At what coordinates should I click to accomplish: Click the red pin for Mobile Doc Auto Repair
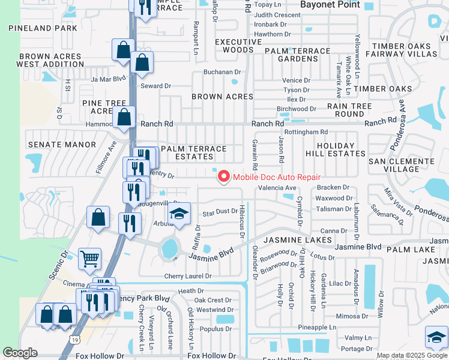click(x=223, y=176)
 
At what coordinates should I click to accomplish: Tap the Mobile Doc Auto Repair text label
click(x=276, y=177)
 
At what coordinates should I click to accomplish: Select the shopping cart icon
click(x=90, y=259)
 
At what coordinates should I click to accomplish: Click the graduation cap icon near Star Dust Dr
click(x=178, y=214)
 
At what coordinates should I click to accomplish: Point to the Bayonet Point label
click(x=330, y=5)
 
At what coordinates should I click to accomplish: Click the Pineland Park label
click(x=43, y=28)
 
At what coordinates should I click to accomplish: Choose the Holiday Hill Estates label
click(x=340, y=149)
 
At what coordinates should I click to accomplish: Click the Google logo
click(x=20, y=352)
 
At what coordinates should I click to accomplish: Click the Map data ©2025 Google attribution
click(x=412, y=356)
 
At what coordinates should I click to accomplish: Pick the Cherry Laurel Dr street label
click(x=188, y=277)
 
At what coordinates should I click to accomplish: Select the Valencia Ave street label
click(x=277, y=188)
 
